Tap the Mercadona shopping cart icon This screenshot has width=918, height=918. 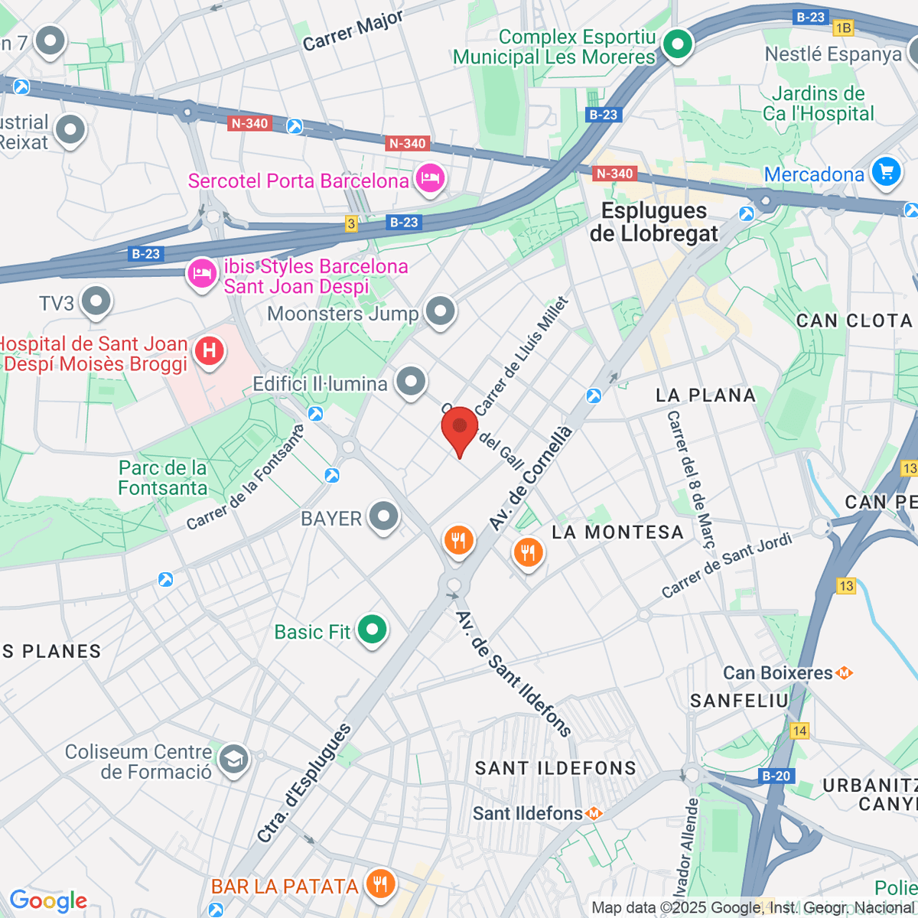886,171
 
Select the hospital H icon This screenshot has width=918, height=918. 209,351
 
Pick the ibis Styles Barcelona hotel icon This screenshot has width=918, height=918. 202,272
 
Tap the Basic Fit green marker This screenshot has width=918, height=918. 373,630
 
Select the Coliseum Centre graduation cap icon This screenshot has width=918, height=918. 233,760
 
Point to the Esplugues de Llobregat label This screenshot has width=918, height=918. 653,222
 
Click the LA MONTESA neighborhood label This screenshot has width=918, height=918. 617,532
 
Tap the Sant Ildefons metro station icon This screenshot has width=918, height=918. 594,814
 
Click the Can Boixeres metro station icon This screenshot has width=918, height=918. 845,673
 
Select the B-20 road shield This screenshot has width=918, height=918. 776,776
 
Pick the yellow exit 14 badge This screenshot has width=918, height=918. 799,731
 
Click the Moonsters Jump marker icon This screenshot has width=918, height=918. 440,311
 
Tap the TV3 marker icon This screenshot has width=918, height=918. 96,302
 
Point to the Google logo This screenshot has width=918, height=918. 48,900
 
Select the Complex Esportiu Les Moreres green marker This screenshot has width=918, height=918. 677,44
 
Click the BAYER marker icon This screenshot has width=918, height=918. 383,516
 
